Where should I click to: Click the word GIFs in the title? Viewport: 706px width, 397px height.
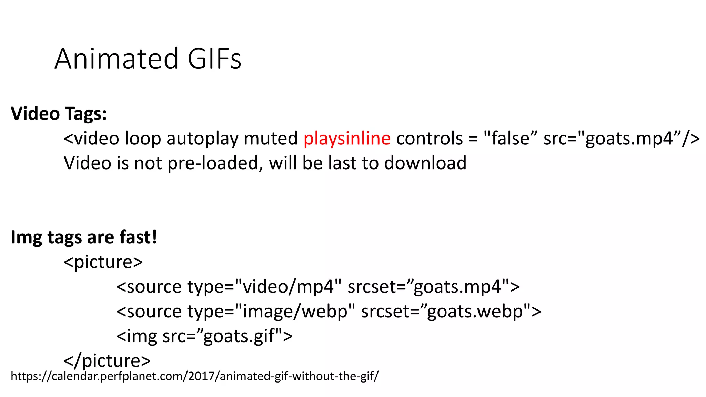click(214, 59)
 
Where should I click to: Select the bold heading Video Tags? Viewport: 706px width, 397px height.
click(59, 113)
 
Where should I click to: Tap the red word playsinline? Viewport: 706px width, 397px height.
click(347, 138)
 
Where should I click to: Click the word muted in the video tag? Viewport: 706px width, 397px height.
click(271, 138)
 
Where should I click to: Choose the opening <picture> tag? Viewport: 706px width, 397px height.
click(103, 262)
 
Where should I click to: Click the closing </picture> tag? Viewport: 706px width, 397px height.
click(107, 360)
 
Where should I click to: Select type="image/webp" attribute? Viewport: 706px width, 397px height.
click(271, 312)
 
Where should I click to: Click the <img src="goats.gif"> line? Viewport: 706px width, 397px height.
click(204, 336)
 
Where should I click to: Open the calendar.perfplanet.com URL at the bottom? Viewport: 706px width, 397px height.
click(195, 376)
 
